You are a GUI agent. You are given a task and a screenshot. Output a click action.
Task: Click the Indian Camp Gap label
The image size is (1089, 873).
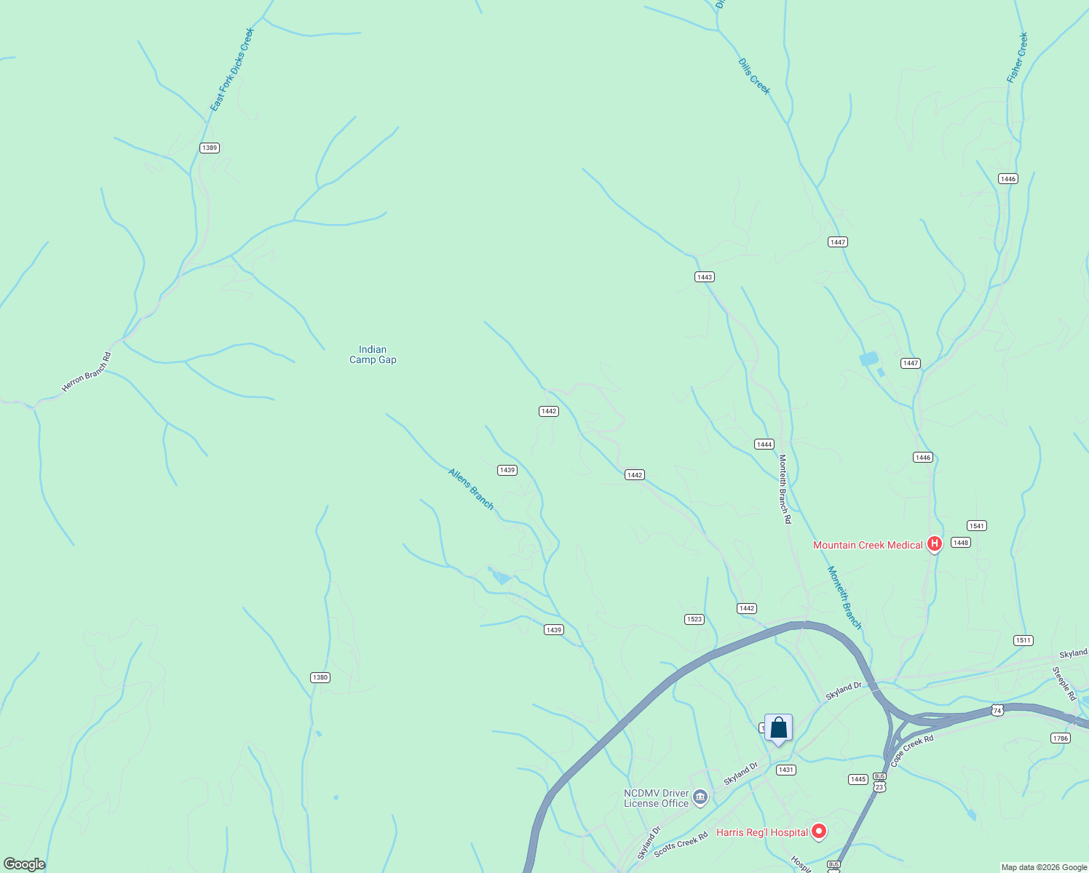pyautogui.click(x=373, y=354)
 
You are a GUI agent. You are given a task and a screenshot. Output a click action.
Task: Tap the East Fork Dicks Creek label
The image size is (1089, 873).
pyautogui.click(x=231, y=70)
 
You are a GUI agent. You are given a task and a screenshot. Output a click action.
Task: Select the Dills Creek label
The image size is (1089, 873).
pyautogui.click(x=753, y=76)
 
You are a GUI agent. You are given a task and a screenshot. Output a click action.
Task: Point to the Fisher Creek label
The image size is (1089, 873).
pyautogui.click(x=1017, y=57)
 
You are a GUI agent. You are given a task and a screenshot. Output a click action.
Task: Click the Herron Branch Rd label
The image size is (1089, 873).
pyautogui.click(x=87, y=372)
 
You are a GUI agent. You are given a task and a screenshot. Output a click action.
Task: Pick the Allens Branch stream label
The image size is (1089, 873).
pyautogui.click(x=471, y=489)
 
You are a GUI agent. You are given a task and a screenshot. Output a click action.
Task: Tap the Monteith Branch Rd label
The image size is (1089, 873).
pyautogui.click(x=784, y=489)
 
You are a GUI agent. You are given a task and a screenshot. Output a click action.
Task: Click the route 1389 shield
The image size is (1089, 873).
pyautogui.click(x=210, y=148)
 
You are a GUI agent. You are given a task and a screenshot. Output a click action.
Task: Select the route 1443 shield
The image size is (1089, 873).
pyautogui.click(x=704, y=277)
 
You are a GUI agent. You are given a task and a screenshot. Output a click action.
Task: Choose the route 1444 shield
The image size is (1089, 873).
pyautogui.click(x=764, y=445)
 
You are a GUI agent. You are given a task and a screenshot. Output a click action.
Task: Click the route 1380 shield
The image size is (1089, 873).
pyautogui.click(x=320, y=677)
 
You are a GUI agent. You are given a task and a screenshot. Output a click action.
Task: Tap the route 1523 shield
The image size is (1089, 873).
pyautogui.click(x=694, y=619)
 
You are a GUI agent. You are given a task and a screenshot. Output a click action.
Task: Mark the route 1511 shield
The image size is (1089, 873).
pyautogui.click(x=1023, y=640)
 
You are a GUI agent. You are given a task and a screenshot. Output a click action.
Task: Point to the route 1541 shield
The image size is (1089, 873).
pyautogui.click(x=976, y=526)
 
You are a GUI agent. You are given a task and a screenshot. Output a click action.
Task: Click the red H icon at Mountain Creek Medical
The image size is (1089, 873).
pyautogui.click(x=935, y=544)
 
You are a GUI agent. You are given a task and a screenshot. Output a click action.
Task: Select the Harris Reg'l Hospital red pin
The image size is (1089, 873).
pyautogui.click(x=819, y=831)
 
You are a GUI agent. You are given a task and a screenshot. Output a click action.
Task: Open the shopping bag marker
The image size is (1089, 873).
pyautogui.click(x=778, y=728)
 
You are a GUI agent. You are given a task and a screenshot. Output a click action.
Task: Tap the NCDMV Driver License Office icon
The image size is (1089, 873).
pyautogui.click(x=700, y=798)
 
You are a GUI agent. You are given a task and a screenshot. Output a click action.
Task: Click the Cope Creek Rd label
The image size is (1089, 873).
pyautogui.click(x=911, y=752)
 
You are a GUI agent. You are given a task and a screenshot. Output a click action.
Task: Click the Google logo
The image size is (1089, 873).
pyautogui.click(x=24, y=864)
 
